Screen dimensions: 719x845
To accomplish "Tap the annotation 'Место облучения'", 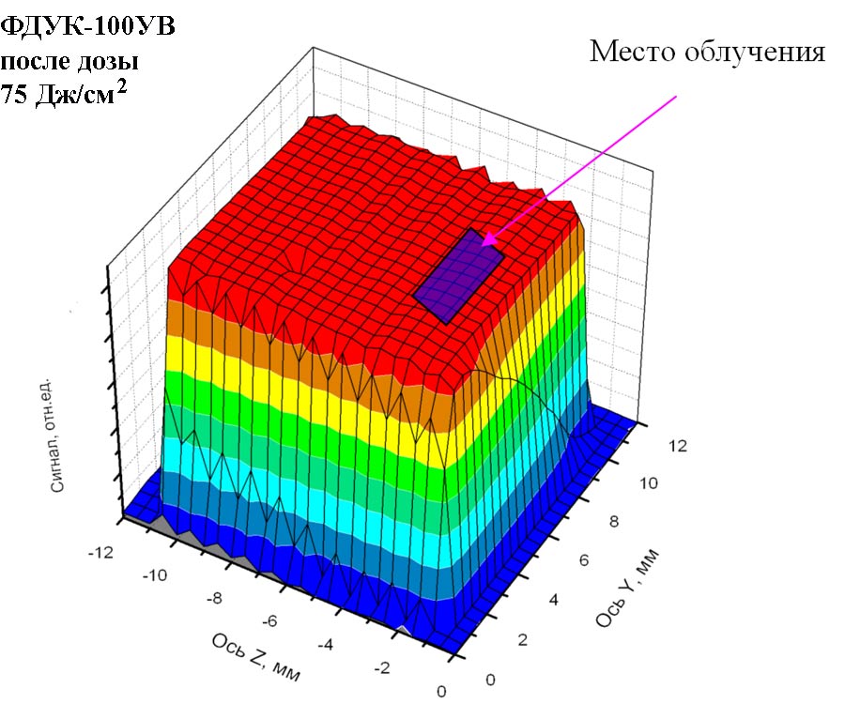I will tap(707, 52).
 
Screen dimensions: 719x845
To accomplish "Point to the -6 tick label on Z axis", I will tap(270, 620).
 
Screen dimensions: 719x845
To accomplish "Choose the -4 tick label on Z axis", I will tap(327, 644).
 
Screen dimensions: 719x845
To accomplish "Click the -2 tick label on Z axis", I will tap(383, 667).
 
